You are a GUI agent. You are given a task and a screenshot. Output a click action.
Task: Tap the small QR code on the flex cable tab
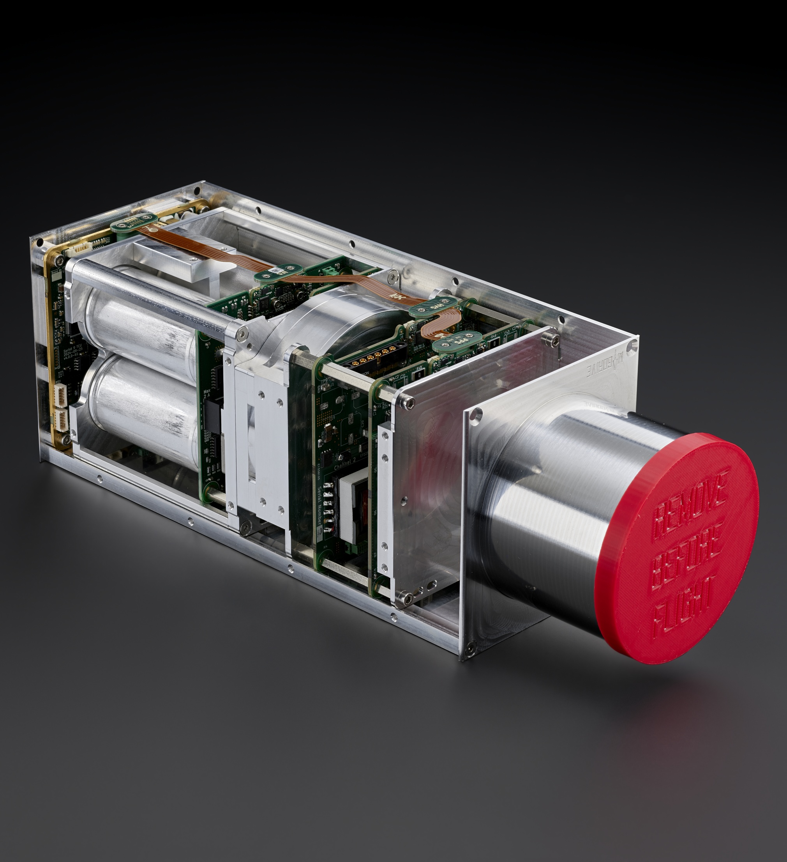pyautogui.click(x=278, y=270)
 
